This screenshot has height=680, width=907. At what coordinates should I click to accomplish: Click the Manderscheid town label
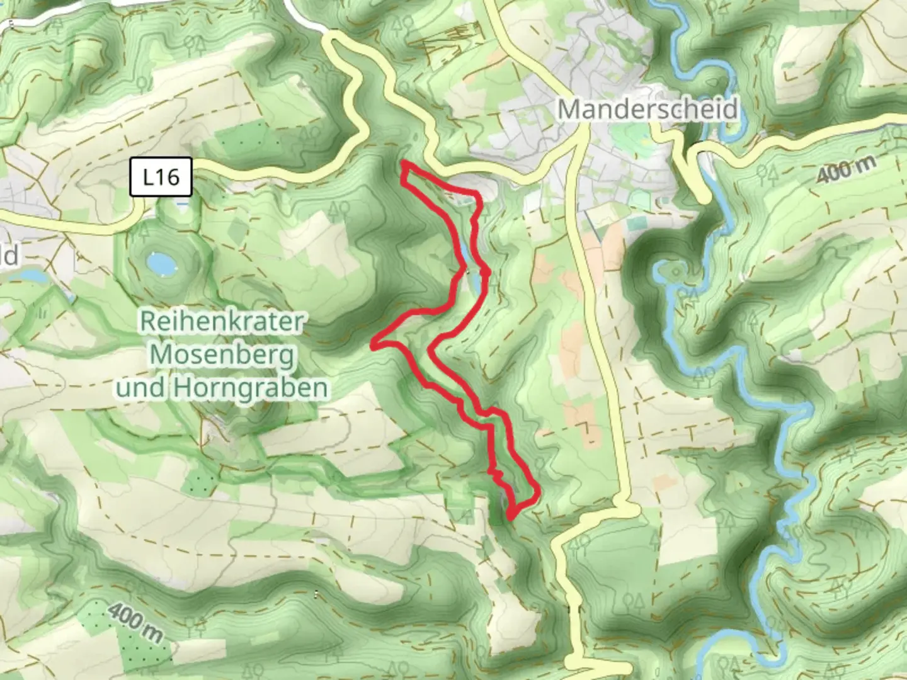pos(647,110)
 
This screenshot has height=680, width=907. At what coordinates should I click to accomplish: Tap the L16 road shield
pos(162,177)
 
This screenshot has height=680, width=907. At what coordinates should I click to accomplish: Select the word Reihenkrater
pos(221,322)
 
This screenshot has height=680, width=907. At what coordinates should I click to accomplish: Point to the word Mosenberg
pos(222,355)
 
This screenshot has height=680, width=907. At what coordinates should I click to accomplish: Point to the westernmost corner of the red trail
pos(374,344)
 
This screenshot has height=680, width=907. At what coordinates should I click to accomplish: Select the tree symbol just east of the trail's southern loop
pos(540,464)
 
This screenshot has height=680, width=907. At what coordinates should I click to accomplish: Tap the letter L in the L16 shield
pos(149,177)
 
